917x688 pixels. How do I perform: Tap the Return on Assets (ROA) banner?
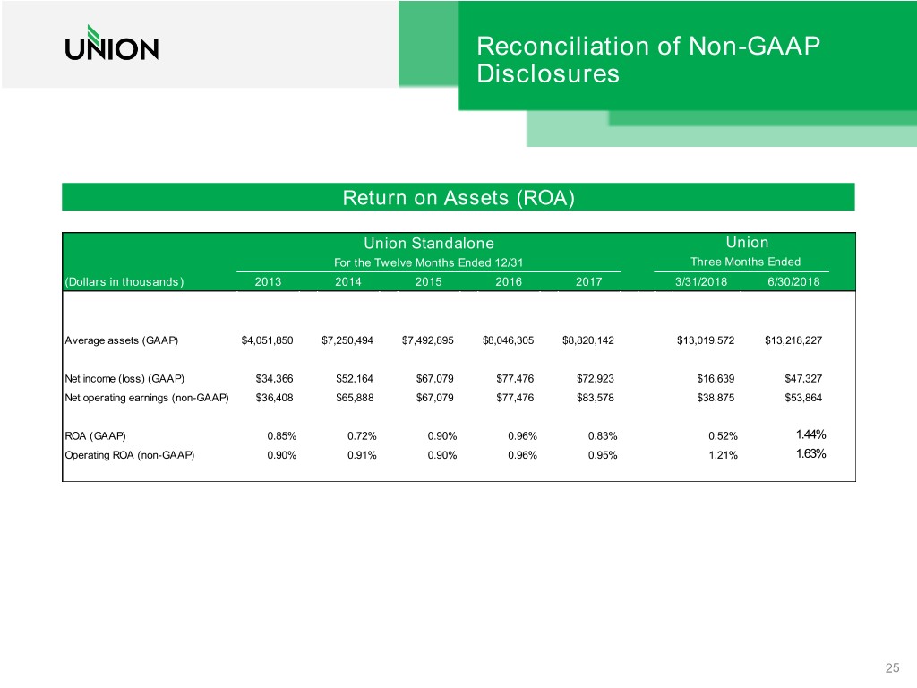[x=458, y=197]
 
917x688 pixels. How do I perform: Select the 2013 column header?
[x=267, y=282]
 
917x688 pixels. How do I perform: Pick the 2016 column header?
[x=507, y=282]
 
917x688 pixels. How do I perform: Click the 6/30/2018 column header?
[x=793, y=282]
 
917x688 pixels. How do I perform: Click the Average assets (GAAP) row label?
[x=122, y=340]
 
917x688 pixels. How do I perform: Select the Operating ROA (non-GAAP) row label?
[x=129, y=454]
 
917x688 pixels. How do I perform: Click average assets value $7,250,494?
[x=348, y=340]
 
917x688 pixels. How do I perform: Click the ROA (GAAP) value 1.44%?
[x=810, y=435]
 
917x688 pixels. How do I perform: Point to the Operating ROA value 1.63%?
[x=810, y=453]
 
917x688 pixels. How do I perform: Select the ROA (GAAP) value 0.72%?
[x=361, y=436]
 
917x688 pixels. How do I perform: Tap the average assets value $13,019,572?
[x=707, y=340]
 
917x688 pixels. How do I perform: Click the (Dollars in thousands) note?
[x=124, y=282]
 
